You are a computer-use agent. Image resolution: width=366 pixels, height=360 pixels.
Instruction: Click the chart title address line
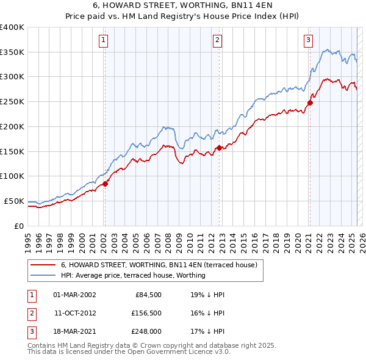(x=182, y=5)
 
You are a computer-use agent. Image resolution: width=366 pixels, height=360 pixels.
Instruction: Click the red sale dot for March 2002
(x=105, y=184)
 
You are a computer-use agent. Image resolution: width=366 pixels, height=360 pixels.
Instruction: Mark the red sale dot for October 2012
(x=219, y=148)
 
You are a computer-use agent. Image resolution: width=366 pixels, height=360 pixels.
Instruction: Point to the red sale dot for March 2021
(x=310, y=103)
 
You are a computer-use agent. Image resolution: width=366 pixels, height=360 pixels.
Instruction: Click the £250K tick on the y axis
(x=12, y=101)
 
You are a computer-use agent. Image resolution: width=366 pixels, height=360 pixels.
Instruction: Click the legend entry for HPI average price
(x=133, y=275)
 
